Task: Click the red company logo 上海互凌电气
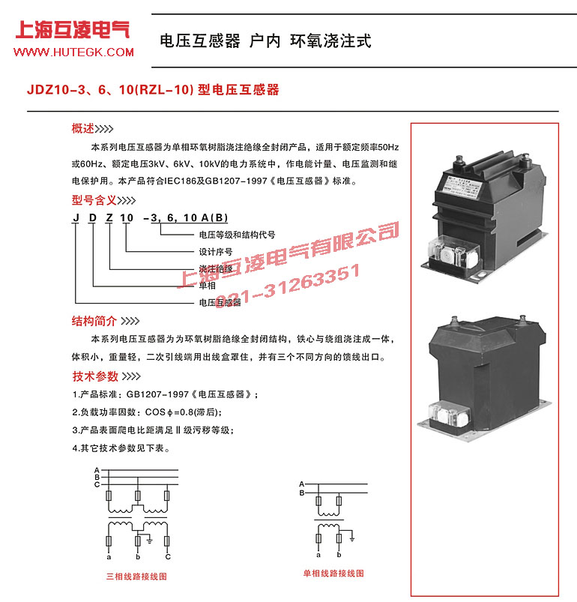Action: point(73,30)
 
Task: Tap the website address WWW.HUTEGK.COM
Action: point(73,52)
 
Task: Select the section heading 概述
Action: point(82,127)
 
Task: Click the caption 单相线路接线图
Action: point(333,573)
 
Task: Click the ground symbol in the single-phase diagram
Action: point(350,538)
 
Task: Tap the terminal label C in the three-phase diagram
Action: point(168,557)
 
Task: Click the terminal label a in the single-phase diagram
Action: point(318,555)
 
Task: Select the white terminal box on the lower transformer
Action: point(447,413)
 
